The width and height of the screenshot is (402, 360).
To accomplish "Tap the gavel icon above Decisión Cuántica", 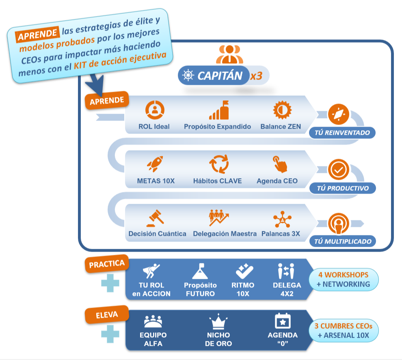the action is [x=155, y=218].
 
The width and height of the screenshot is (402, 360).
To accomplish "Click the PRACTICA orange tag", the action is [x=107, y=264].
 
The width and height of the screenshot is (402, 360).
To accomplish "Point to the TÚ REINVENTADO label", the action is [x=342, y=133].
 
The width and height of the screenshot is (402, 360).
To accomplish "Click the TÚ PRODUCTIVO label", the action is [x=342, y=188].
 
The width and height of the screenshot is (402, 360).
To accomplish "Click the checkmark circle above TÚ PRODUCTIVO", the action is [x=338, y=170].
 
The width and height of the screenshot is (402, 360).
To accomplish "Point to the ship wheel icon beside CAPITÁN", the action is [x=188, y=75].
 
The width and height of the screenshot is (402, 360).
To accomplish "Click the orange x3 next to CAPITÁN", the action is [x=256, y=76].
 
